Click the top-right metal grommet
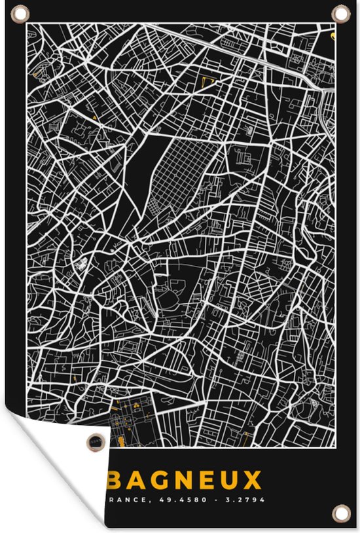(x=340, y=12)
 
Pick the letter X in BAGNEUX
(x=252, y=481)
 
